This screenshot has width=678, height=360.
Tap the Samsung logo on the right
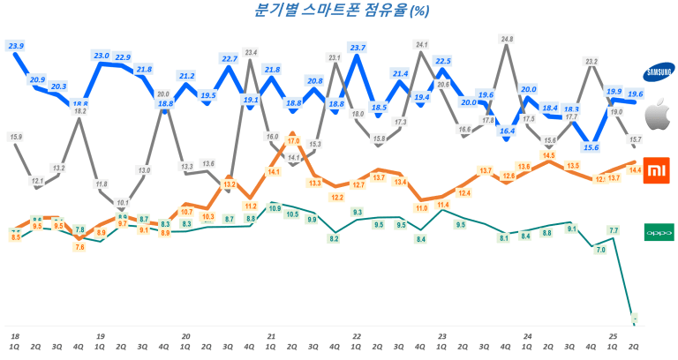658,72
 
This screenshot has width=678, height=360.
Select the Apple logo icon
658,116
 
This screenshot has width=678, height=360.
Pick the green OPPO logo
658,231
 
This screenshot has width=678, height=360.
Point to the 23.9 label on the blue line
16,45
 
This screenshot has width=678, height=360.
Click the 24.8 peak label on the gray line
506,40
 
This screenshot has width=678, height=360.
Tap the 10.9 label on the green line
274,208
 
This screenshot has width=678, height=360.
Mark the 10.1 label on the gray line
123,202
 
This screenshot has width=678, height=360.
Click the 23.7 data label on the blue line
358,47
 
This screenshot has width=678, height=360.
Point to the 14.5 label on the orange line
548,155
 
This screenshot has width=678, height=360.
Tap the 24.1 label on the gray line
421,44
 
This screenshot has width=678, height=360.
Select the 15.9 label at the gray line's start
16,137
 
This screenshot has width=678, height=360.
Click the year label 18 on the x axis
15,336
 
